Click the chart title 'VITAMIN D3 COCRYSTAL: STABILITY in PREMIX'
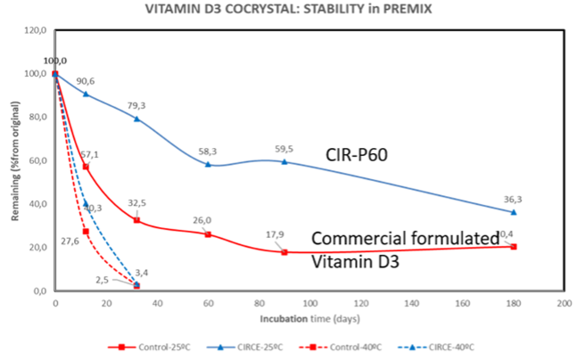(x=288, y=10)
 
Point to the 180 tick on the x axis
(x=513, y=303)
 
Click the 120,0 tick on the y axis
(x=35, y=30)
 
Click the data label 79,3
(x=137, y=105)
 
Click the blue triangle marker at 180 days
(x=514, y=212)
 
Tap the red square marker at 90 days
(x=284, y=252)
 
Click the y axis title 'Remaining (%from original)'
(x=10, y=160)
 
